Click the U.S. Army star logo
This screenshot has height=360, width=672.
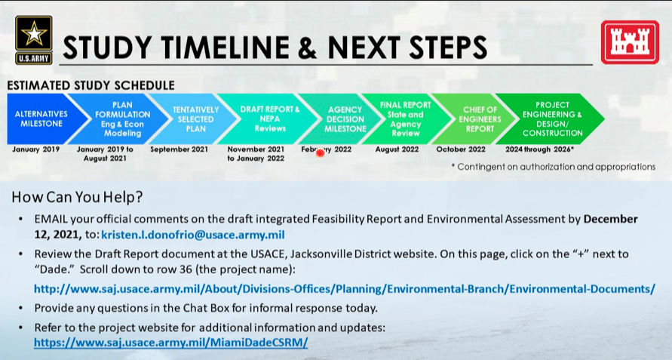(34, 40)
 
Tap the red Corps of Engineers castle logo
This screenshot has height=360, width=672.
(630, 42)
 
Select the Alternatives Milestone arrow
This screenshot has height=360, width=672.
(43, 118)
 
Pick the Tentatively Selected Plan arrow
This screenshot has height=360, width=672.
(194, 118)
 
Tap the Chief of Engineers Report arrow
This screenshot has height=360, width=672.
(476, 118)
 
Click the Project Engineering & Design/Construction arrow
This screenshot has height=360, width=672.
(551, 118)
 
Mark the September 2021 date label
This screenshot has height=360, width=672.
(180, 149)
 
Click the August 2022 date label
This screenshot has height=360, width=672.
(397, 149)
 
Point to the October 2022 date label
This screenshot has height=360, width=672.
(461, 149)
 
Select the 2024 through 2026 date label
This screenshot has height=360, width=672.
(539, 149)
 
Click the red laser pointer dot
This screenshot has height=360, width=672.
(320, 152)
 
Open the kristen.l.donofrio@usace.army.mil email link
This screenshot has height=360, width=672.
(193, 235)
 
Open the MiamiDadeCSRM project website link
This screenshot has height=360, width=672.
(171, 343)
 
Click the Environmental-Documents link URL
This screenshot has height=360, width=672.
(345, 289)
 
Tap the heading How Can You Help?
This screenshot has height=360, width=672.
(77, 197)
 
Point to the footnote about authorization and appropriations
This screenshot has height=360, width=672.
(554, 167)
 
